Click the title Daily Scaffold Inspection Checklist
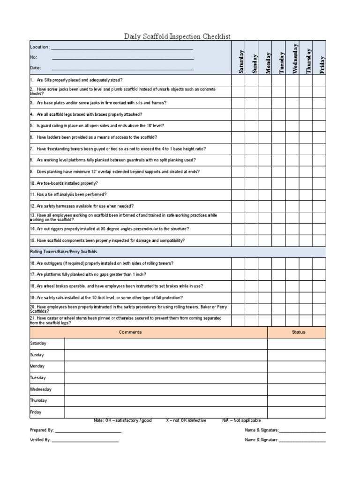tap(177, 36)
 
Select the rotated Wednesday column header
tap(295, 58)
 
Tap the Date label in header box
tap(36, 68)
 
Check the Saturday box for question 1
tap(238, 80)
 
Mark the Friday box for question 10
tap(319, 183)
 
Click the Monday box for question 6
tap(265, 137)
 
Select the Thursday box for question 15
tap(306, 240)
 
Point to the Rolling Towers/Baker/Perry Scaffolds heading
tap(64, 252)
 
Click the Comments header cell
tap(130, 332)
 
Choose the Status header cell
tap(298, 332)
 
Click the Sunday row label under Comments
tap(37, 355)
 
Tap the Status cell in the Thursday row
tap(297, 401)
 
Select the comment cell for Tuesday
tap(166, 378)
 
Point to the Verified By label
tap(40, 440)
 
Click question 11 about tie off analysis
tap(68, 195)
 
